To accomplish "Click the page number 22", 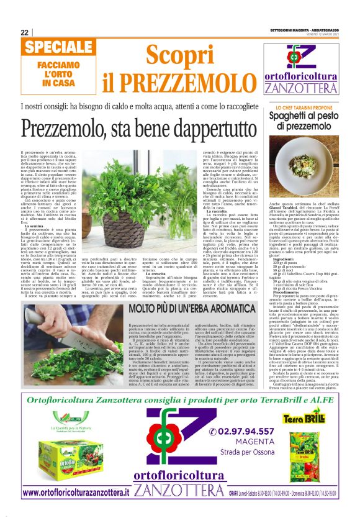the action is click(x=24, y=32).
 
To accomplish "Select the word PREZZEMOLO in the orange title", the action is click(x=186, y=81).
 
